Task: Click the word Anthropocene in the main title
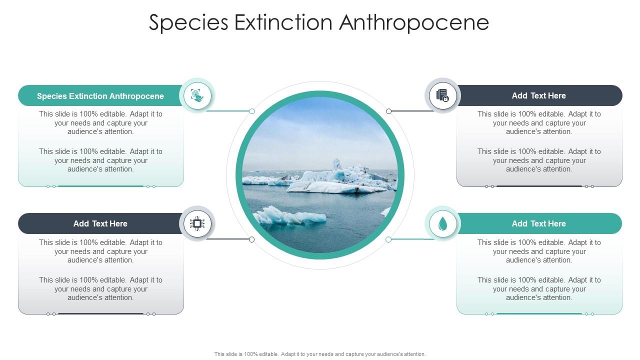pos(414,23)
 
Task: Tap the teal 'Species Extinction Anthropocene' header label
pos(100,96)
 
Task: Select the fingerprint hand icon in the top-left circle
pos(197,95)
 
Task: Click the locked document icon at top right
pos(442,95)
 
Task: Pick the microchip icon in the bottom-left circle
pos(197,223)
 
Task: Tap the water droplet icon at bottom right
pos(442,224)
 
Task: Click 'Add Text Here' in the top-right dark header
pos(538,95)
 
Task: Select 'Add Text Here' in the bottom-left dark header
pos(100,223)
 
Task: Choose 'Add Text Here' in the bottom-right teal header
pos(538,223)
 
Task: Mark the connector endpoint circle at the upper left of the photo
pos(252,111)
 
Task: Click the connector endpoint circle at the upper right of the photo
pos(388,111)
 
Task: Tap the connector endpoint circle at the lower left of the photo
pos(251,239)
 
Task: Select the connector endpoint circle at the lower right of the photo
pos(388,239)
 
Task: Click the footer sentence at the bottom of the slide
pos(320,354)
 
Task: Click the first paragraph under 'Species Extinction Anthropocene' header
pos(101,123)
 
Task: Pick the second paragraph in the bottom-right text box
pos(539,288)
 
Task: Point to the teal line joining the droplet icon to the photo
pos(410,239)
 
